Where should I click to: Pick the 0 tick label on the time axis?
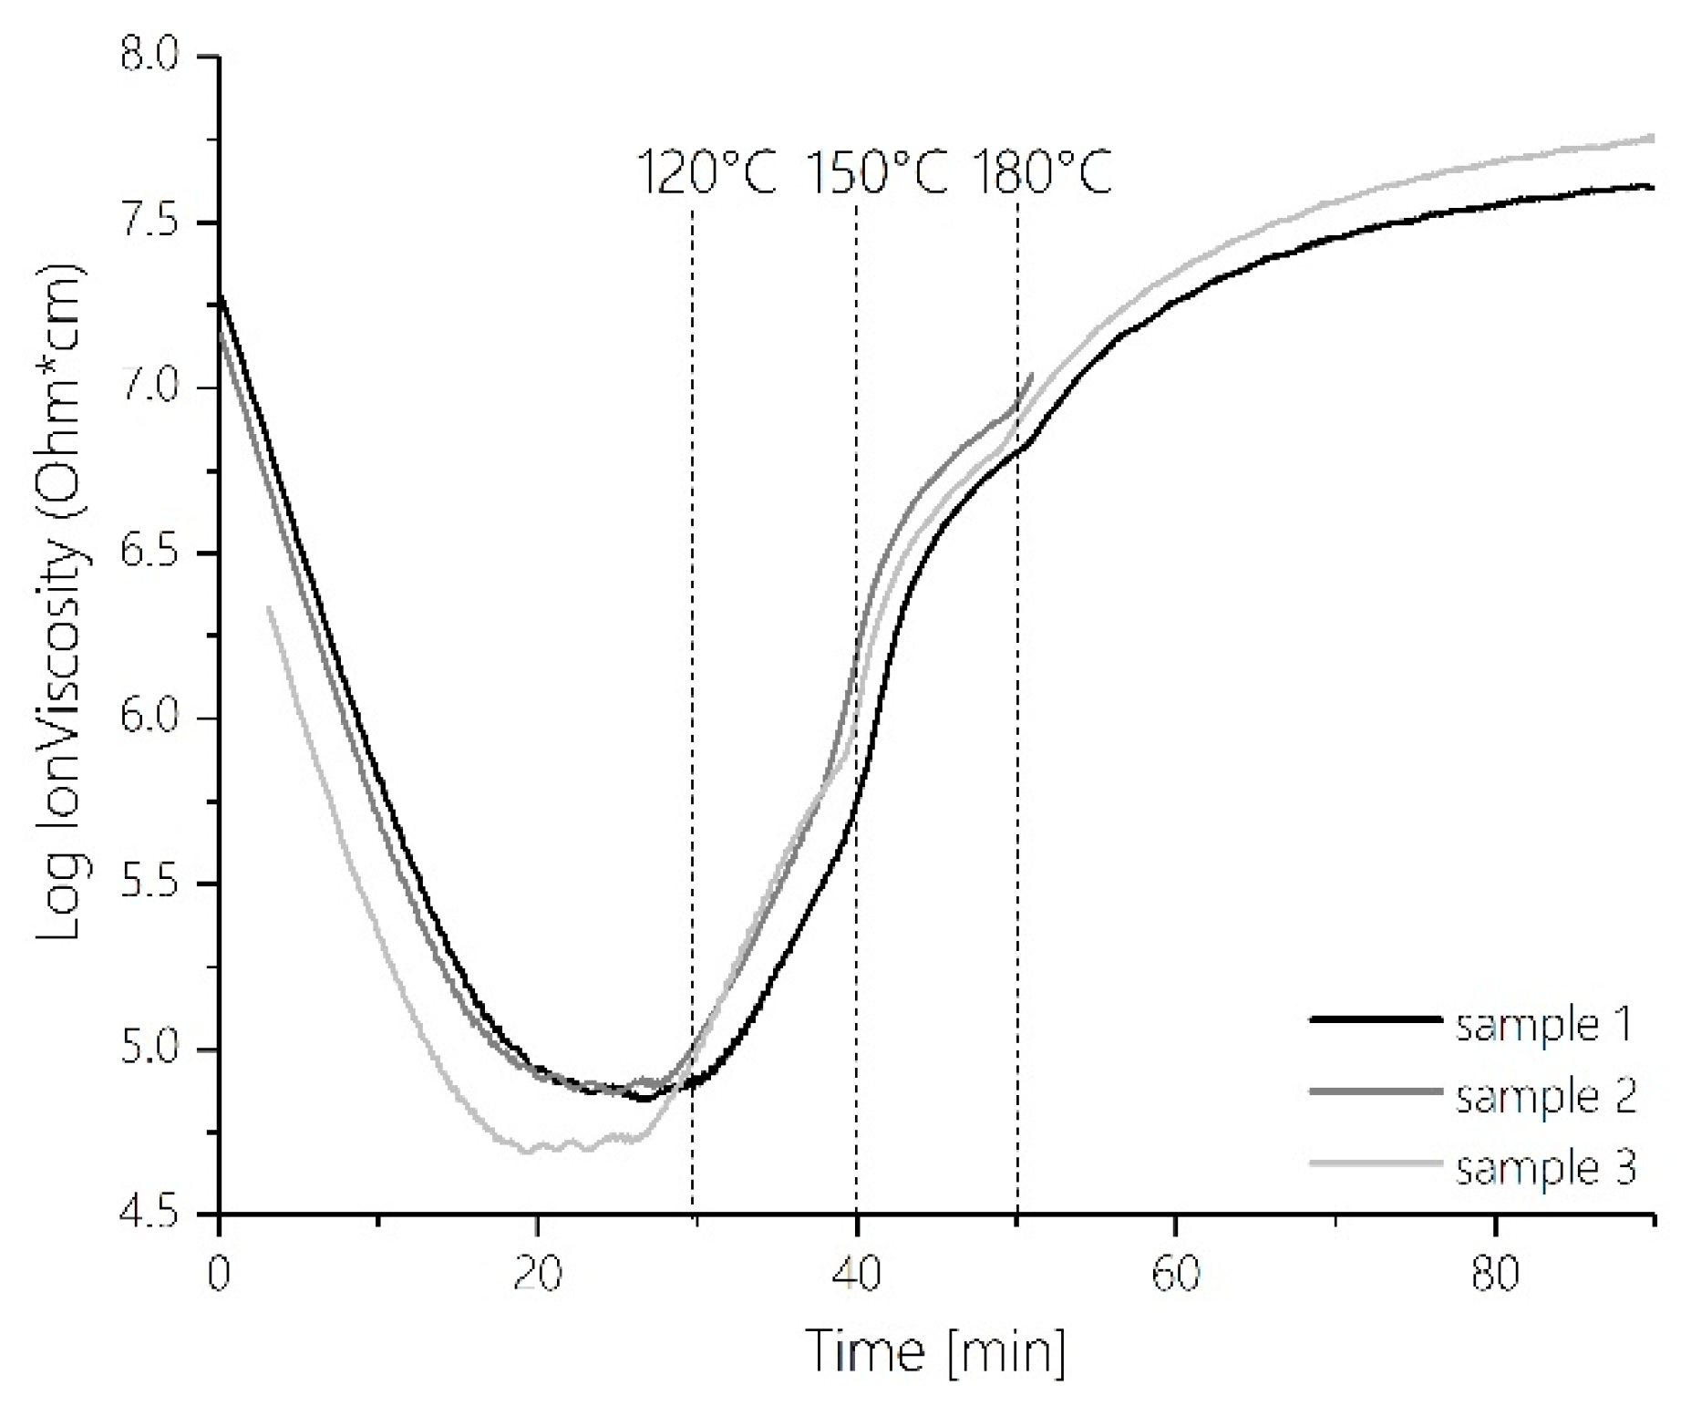click(x=218, y=1274)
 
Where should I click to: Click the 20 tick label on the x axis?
click(x=537, y=1274)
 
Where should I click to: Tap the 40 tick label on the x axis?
click(x=856, y=1274)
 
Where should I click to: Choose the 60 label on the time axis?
click(x=1175, y=1274)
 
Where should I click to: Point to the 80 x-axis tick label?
click(x=1495, y=1274)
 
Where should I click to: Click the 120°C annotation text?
click(x=706, y=172)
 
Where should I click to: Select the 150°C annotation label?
click(x=877, y=172)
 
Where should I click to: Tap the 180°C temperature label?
click(x=1042, y=172)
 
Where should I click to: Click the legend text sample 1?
click(x=1544, y=1026)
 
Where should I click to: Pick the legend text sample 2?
click(x=1546, y=1096)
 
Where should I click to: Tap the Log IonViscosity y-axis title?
click(x=62, y=602)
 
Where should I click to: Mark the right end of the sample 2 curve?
click(x=1032, y=374)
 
